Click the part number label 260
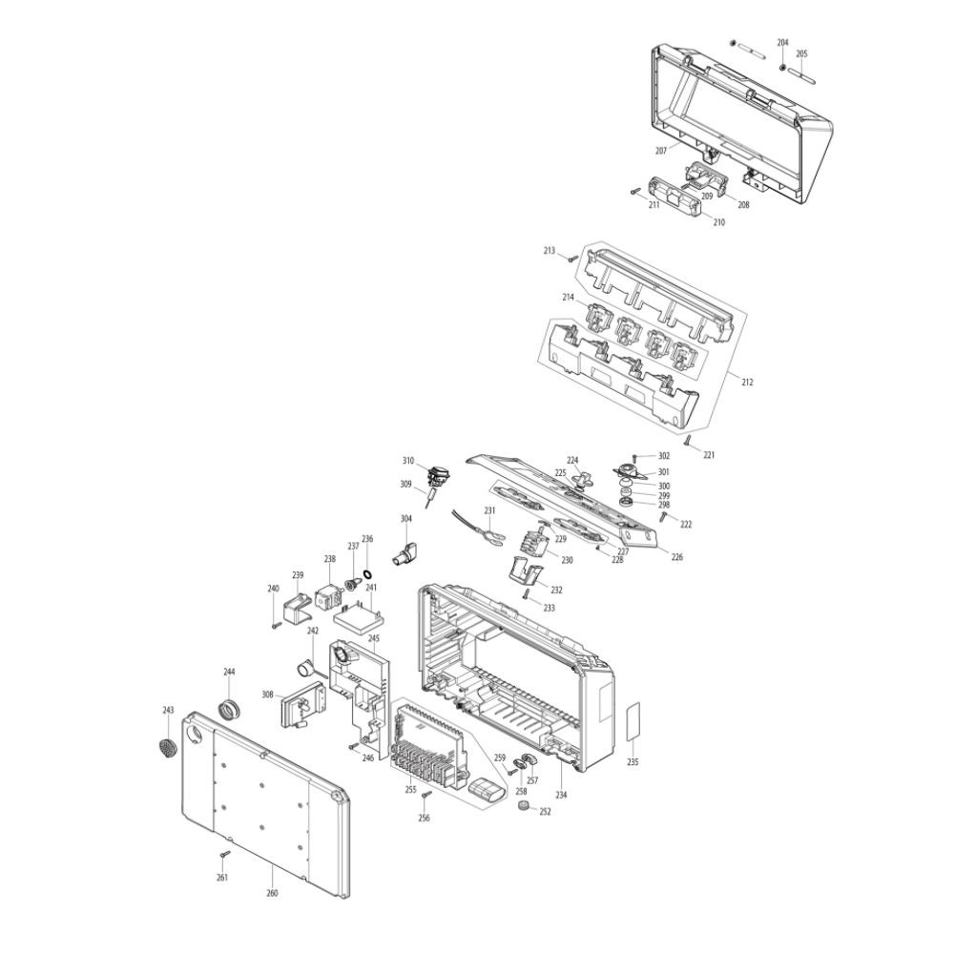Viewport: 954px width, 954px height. pyautogui.click(x=272, y=893)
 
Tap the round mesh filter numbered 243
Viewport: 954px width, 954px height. pyautogui.click(x=167, y=747)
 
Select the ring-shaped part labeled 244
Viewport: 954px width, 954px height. pyautogui.click(x=229, y=710)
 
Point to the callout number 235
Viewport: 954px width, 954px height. pyautogui.click(x=633, y=762)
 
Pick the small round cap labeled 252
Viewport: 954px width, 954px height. pyautogui.click(x=523, y=807)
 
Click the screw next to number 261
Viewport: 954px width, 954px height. pyautogui.click(x=227, y=854)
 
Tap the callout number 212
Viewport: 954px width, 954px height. pyautogui.click(x=747, y=383)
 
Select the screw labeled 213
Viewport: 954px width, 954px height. pyautogui.click(x=571, y=257)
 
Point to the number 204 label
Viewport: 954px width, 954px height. pyautogui.click(x=783, y=43)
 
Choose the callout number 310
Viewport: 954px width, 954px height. pyautogui.click(x=408, y=460)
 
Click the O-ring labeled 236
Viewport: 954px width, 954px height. pyautogui.click(x=368, y=559)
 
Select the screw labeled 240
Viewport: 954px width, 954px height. pyautogui.click(x=276, y=626)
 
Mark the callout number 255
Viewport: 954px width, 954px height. pyautogui.click(x=409, y=790)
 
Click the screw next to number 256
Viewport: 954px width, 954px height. pyautogui.click(x=427, y=794)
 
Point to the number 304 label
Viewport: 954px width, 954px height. pyautogui.click(x=406, y=518)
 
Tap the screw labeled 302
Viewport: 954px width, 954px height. pyautogui.click(x=636, y=457)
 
